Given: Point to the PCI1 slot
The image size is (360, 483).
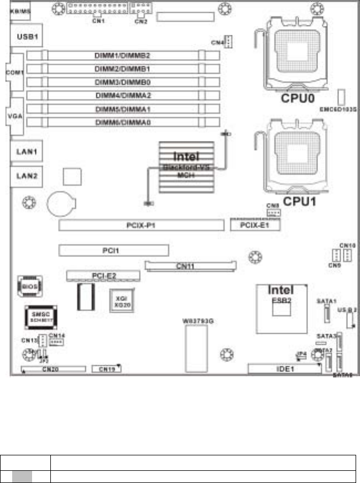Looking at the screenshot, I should (x=113, y=251).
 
